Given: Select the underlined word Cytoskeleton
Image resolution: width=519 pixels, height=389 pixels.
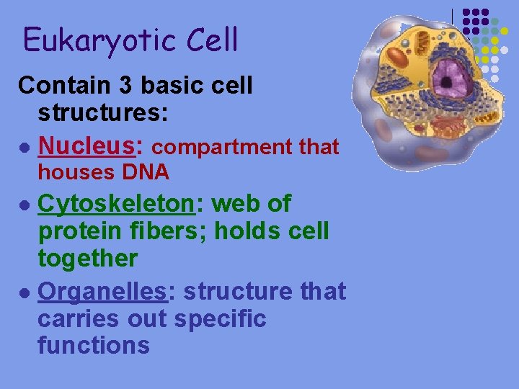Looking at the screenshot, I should [x=115, y=205].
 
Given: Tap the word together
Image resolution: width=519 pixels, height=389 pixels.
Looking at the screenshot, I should [x=87, y=258].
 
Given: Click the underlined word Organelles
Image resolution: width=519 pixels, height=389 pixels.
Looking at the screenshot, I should [x=102, y=292].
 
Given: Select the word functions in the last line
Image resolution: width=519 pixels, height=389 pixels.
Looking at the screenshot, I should [x=93, y=344].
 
